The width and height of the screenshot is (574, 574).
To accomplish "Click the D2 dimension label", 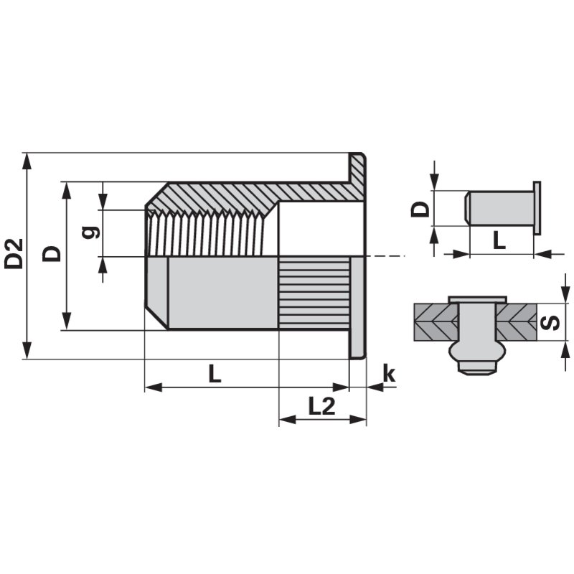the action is [14, 254].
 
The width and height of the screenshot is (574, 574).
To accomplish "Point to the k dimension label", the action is [389, 373].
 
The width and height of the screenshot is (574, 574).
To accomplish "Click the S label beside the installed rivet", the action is [550, 322].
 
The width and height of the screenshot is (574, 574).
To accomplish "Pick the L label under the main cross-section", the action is [215, 374].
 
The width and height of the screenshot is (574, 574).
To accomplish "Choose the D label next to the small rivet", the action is [420, 209].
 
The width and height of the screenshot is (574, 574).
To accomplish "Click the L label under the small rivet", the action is [499, 240].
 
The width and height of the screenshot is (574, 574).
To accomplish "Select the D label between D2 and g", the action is [52, 254].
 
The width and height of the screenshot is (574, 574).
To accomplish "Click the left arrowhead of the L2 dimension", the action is [288, 420].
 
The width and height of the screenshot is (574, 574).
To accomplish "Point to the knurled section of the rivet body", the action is [314, 293].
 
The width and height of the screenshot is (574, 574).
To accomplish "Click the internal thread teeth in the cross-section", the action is [205, 232].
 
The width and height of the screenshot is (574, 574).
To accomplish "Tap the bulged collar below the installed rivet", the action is [478, 352].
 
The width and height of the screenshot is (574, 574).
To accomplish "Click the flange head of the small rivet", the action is [537, 207].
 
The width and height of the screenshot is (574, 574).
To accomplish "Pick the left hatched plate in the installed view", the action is [436, 322].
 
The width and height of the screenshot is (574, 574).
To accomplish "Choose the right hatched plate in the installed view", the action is [517, 322].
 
